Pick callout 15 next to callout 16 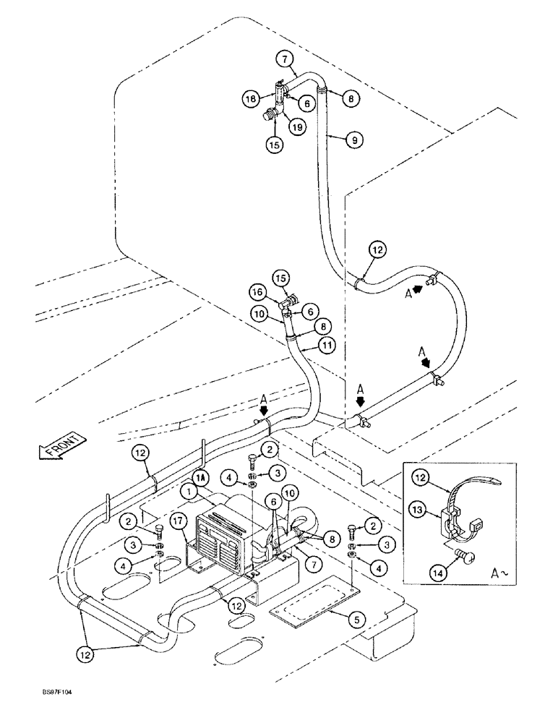[281, 277]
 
